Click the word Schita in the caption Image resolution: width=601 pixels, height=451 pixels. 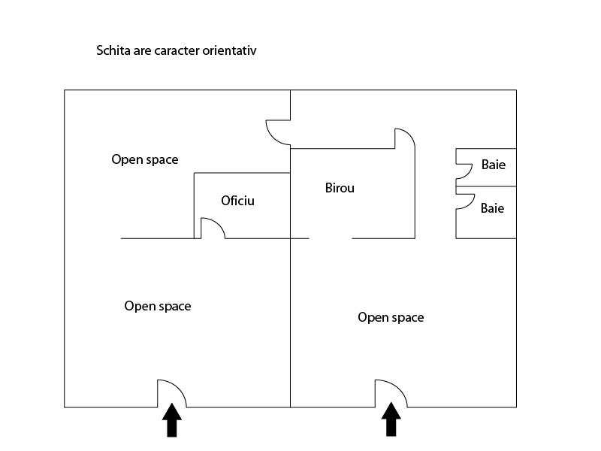[x=113, y=50]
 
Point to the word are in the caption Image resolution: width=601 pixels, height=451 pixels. [x=142, y=51]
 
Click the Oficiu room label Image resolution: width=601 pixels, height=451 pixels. [x=237, y=201]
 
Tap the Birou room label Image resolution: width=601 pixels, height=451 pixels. [x=340, y=188]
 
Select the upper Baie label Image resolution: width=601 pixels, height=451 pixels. [x=494, y=165]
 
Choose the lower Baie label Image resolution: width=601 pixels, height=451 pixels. [x=492, y=208]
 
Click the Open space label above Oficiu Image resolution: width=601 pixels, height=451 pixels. [x=145, y=159]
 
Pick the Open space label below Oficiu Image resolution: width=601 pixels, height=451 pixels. [x=158, y=306]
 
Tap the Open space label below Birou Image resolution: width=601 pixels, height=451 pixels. [x=391, y=317]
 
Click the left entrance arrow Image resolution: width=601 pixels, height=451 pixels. [x=172, y=420]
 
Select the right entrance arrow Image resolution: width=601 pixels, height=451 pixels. [x=391, y=419]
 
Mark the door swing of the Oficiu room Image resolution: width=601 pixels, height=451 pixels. [x=216, y=223]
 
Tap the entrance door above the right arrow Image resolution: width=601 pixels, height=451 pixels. [x=397, y=386]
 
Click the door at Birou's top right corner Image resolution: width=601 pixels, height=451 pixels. [x=409, y=135]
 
